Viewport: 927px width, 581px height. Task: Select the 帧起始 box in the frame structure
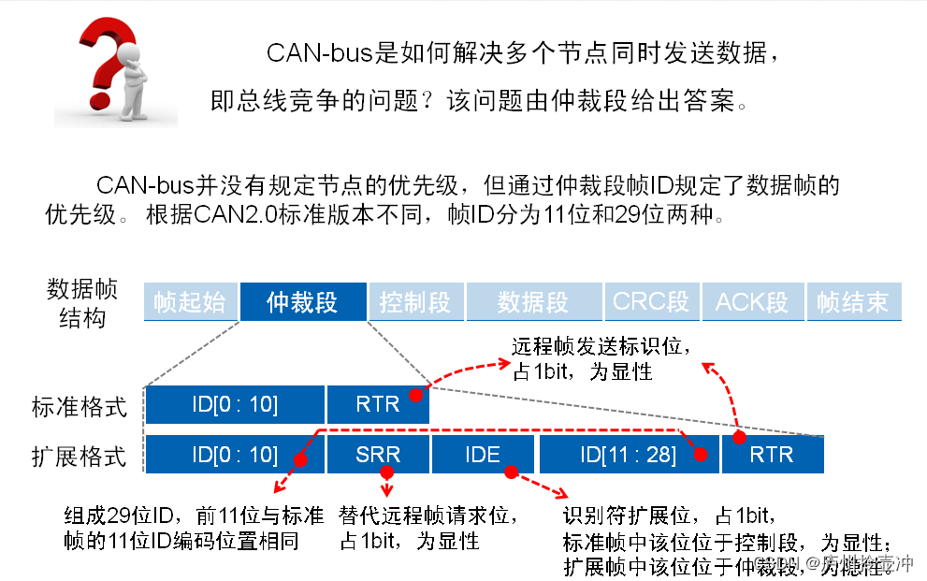(190, 302)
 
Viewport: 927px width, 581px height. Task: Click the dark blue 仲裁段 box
(302, 302)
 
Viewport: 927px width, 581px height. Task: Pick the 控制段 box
(415, 302)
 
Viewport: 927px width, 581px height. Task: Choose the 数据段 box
(533, 302)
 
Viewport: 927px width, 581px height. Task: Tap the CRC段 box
(651, 302)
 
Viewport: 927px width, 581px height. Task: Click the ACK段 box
(752, 302)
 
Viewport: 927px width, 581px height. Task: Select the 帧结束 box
(852, 302)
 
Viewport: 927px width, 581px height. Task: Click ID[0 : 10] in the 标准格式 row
(235, 404)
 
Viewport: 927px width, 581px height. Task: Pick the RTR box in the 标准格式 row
(378, 404)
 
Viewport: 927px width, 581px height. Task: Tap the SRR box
(378, 455)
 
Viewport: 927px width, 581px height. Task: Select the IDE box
(483, 455)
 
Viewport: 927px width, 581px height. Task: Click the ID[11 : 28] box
(629, 455)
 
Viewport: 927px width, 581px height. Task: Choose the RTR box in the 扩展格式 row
(772, 455)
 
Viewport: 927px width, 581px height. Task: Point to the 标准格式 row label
(79, 407)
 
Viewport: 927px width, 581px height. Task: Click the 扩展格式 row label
(79, 457)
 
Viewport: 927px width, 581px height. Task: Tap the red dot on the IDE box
(511, 472)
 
